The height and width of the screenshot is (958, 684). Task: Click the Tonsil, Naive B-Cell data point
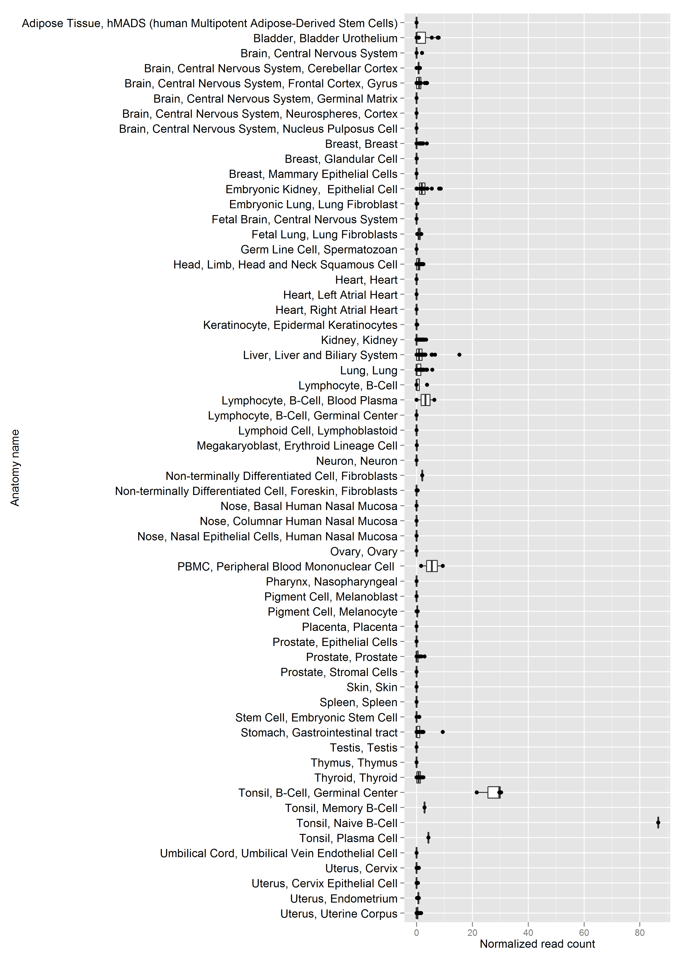[x=658, y=823]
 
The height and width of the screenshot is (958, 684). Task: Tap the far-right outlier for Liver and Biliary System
[x=459, y=355]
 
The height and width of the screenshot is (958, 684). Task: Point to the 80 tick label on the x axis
[x=640, y=933]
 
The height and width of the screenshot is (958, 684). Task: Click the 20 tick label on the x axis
[x=472, y=933]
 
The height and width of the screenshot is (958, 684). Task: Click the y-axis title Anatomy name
[x=15, y=468]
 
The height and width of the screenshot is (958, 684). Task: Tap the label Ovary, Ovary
[x=363, y=552]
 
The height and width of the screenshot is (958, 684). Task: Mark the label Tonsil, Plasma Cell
[x=348, y=838]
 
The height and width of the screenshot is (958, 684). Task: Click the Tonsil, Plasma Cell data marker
[x=428, y=838]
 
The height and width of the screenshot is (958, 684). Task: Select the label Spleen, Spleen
[x=358, y=702]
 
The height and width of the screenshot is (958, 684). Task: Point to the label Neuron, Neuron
[x=357, y=461]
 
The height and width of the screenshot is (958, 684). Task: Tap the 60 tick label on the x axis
[x=584, y=933]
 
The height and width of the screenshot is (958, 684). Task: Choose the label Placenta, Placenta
[x=350, y=627]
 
